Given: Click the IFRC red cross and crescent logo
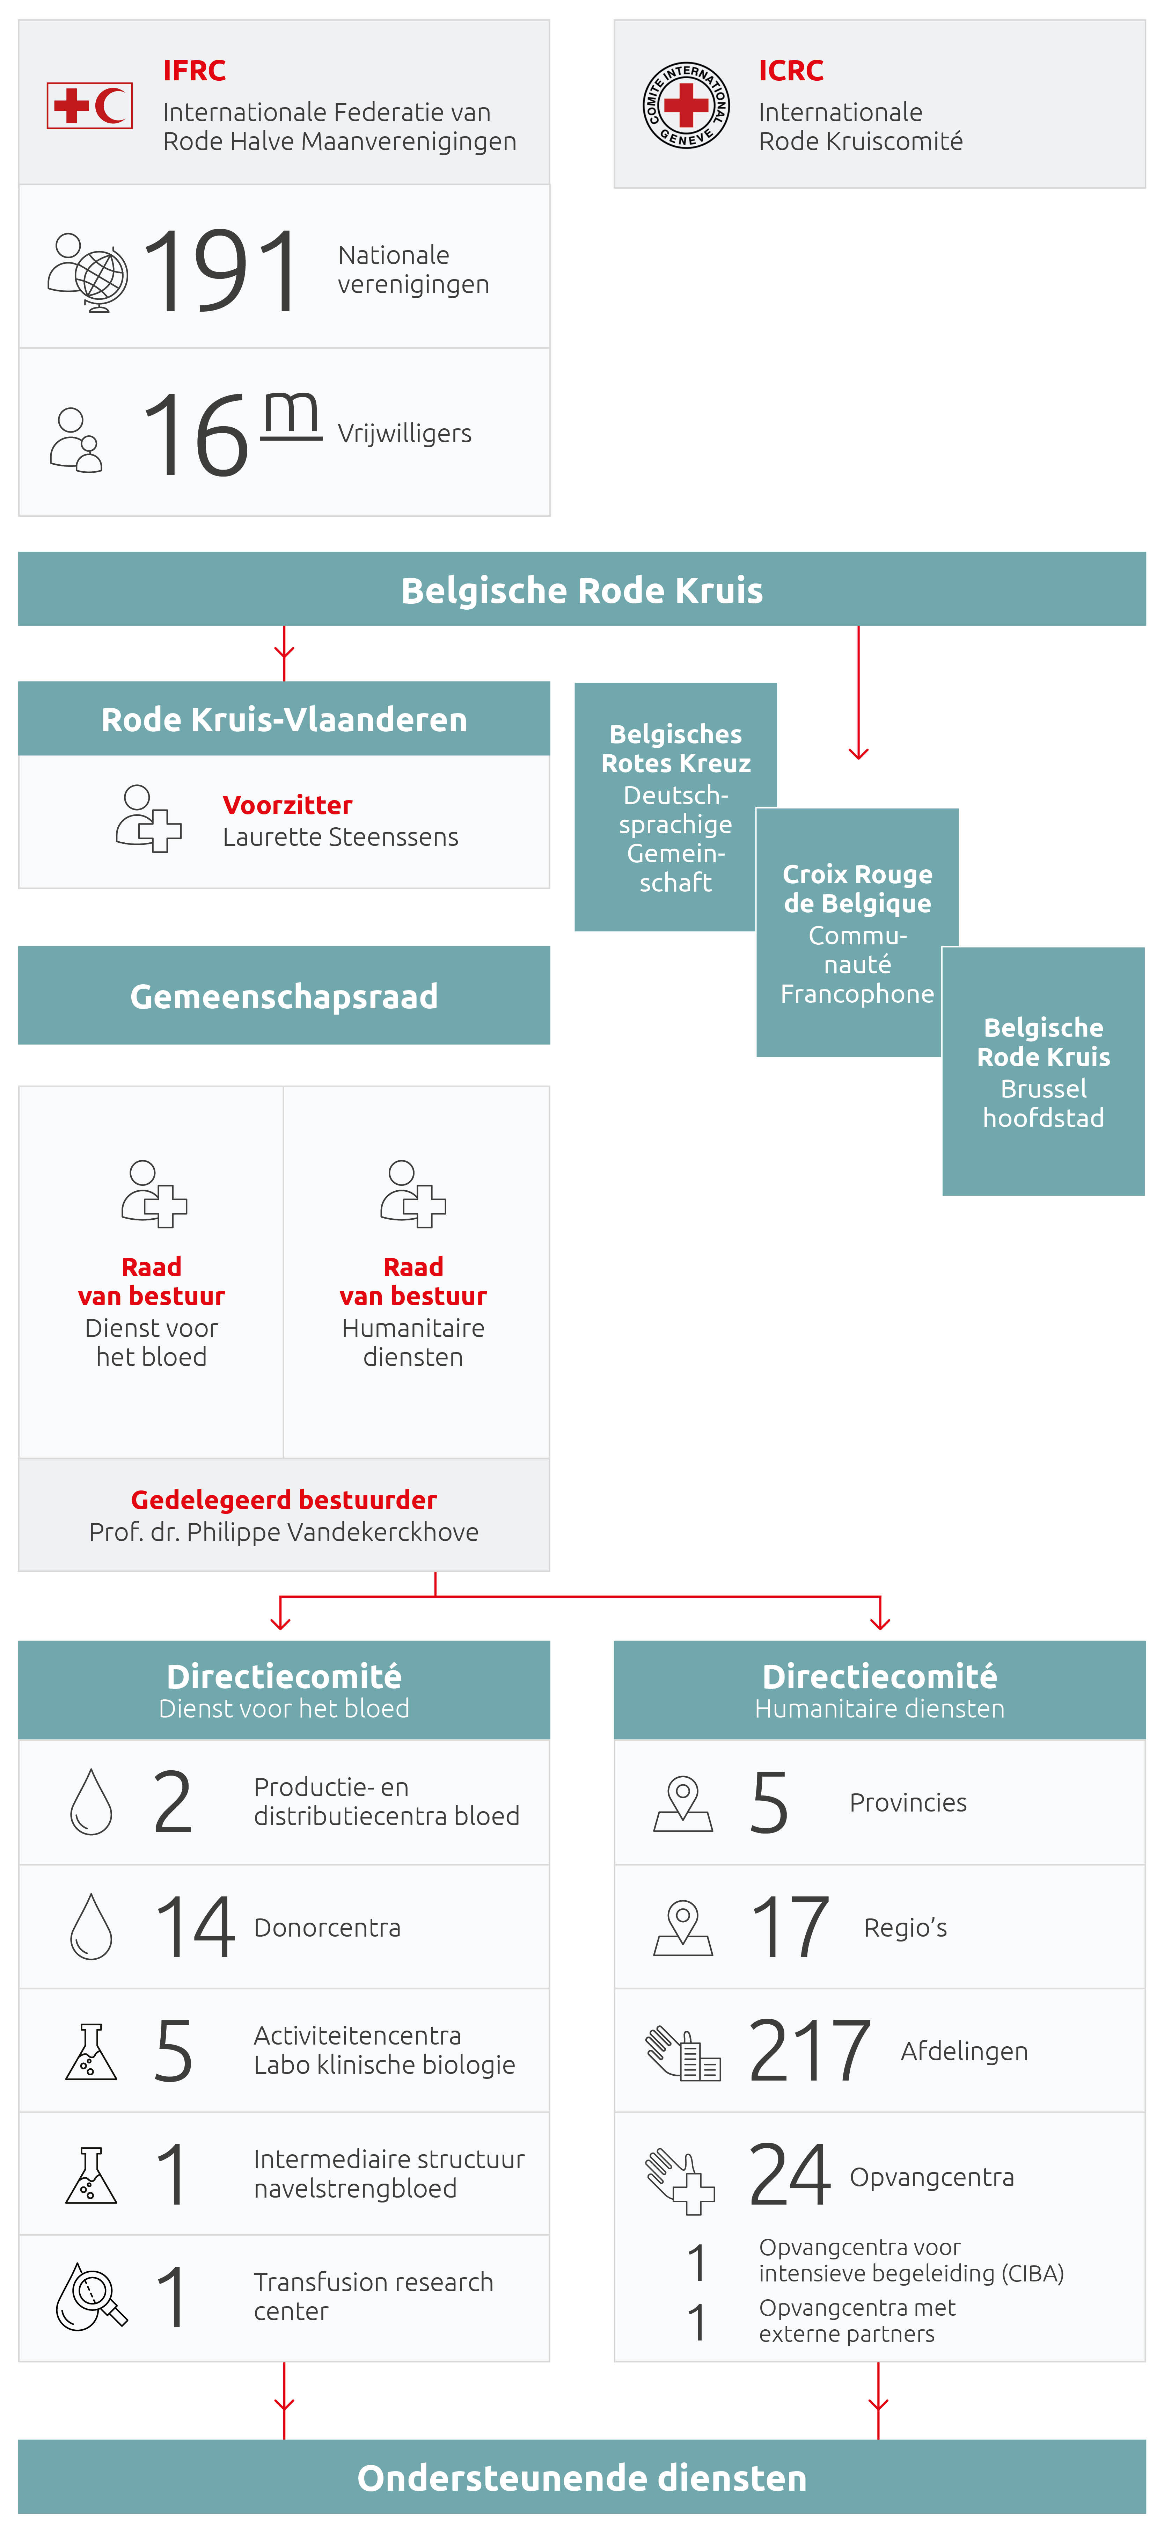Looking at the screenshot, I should point(89,105).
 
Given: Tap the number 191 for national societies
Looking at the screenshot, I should point(220,270).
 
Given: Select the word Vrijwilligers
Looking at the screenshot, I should point(404,434).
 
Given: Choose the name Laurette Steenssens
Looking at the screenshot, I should point(340,837).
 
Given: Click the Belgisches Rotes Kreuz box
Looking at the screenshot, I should point(675,806).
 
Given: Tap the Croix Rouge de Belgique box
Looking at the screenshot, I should point(856,932).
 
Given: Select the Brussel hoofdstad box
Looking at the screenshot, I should point(1043,1072).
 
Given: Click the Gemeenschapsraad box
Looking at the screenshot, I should point(284,996).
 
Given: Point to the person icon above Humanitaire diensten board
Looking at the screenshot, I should point(413,1194).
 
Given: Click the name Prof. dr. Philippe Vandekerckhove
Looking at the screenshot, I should point(284,1532).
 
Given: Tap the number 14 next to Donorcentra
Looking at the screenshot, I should point(195,1927).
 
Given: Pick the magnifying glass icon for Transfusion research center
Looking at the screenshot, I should point(91,2297).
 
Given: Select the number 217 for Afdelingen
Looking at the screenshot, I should point(809,2051).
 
